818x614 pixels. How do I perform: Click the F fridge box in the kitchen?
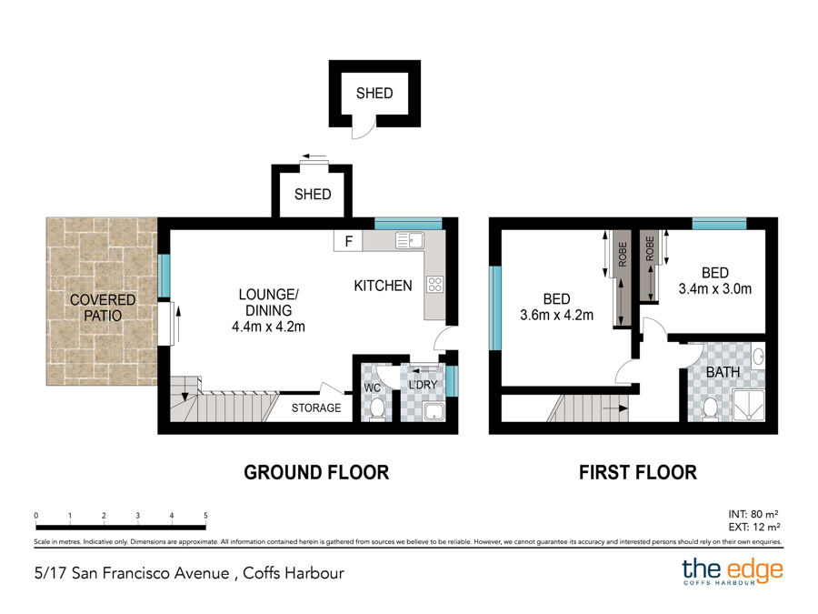pos(348,241)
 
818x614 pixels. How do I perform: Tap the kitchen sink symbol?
pos(410,240)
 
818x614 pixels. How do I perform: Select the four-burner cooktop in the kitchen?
pos(435,285)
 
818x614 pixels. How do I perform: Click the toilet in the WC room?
pos(376,408)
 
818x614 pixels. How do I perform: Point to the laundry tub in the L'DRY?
pos(434,411)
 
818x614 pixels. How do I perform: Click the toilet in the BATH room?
pos(710,408)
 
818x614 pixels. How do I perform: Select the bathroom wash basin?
pos(759,357)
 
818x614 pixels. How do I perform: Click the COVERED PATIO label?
pos(103,307)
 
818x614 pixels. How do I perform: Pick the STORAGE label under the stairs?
pos(316,408)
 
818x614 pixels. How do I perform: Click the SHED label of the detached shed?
pos(374,93)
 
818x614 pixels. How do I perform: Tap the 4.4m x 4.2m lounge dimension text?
pos(268,327)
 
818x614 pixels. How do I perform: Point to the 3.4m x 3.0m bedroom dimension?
pos(714,288)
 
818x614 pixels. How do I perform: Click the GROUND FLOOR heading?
pos(316,472)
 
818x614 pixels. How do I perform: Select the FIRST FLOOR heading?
pos(637,472)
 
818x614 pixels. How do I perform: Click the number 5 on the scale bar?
pos(205,516)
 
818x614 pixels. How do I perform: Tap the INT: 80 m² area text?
pos(753,514)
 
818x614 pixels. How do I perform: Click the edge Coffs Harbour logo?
pos(733,571)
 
